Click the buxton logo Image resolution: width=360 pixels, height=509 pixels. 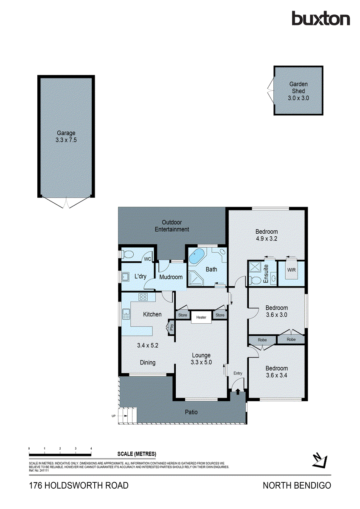[321, 19]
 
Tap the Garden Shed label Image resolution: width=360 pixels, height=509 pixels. [299, 87]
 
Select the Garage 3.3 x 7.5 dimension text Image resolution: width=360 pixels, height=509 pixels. [65, 139]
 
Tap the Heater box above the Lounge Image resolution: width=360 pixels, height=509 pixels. [201, 317]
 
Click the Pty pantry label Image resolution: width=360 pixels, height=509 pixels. [172, 327]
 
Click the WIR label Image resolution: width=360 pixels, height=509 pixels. [291, 270]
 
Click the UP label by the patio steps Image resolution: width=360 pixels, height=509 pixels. [113, 416]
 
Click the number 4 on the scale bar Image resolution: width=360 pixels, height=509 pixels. [91, 448]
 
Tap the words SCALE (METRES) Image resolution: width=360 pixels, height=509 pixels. [136, 454]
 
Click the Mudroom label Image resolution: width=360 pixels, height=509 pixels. [171, 277]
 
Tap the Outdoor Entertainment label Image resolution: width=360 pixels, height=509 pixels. [172, 226]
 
